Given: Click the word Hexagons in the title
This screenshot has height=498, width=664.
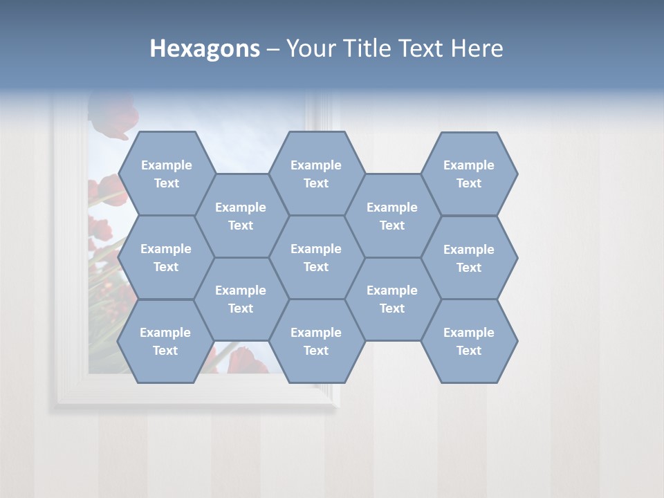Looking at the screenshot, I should (x=205, y=48).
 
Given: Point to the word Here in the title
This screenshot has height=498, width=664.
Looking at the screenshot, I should (x=477, y=48).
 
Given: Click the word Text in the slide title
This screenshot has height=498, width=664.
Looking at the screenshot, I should (x=421, y=48).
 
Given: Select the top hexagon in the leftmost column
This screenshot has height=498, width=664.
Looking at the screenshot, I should (x=166, y=174).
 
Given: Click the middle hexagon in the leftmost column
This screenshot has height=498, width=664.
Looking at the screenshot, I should (x=166, y=257).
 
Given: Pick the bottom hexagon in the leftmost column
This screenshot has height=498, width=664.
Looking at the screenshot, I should (x=165, y=341).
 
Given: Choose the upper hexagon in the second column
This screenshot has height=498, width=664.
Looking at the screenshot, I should (x=241, y=216).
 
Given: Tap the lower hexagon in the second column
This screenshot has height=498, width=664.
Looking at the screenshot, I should (x=241, y=299).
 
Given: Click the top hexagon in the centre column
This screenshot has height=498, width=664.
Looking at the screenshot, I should (x=316, y=174).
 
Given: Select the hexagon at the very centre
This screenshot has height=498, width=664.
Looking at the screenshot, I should (x=316, y=257).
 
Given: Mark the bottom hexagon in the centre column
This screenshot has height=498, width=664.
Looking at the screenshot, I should (x=316, y=341).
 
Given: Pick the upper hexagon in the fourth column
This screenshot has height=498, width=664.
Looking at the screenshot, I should (x=392, y=216).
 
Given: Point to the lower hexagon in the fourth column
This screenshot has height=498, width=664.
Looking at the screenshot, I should (x=392, y=299).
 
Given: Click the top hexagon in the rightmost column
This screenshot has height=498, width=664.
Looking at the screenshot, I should (x=469, y=174).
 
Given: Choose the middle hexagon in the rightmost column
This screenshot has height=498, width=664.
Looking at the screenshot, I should (x=469, y=258).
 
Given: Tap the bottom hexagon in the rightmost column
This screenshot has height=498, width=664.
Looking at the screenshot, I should (x=469, y=341).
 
